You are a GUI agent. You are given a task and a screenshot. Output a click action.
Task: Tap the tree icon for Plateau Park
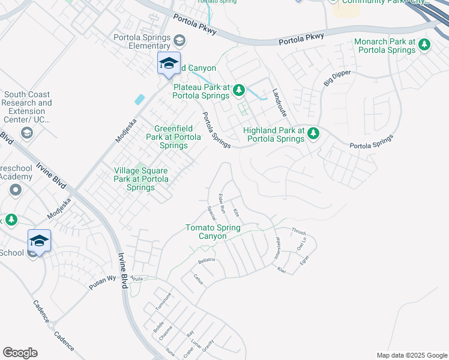point(239,91)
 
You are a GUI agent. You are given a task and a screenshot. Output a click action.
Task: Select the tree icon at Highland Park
point(312,134)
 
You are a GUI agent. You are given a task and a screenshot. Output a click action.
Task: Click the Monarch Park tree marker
point(424,45)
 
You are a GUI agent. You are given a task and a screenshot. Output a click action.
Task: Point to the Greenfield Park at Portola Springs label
point(177,137)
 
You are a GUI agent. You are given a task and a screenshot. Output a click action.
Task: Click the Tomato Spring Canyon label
point(213,232)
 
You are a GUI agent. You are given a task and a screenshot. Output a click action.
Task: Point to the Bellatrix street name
point(206,261)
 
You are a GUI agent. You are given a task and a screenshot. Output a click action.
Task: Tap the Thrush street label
point(298,231)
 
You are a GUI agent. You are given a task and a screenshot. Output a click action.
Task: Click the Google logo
point(20,353)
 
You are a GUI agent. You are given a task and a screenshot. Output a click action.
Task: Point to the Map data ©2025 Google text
point(411,355)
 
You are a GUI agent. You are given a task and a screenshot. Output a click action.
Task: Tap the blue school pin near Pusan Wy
point(39,241)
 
